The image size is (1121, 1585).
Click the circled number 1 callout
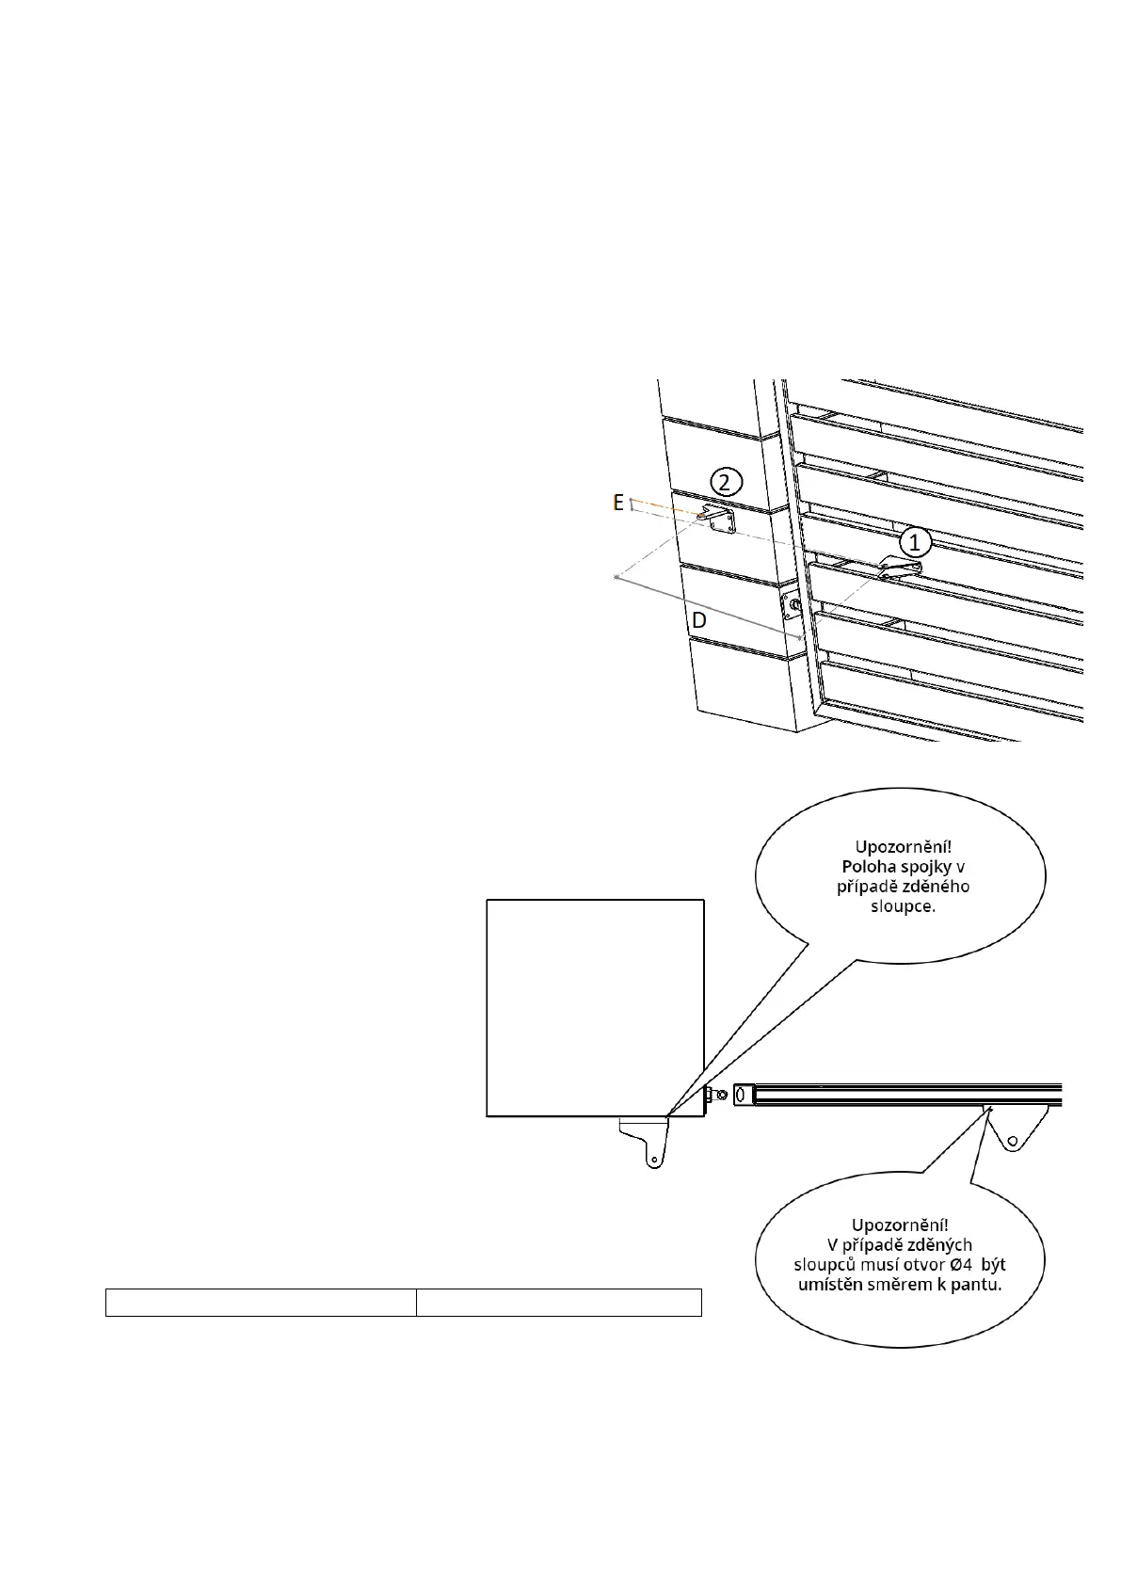[914, 542]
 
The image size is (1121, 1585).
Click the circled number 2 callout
[725, 482]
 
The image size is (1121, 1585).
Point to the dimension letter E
[618, 503]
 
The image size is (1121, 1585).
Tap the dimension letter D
[699, 621]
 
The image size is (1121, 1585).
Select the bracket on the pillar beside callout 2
[721, 520]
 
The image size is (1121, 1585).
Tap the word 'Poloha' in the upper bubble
[869, 866]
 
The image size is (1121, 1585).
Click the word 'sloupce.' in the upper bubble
[901, 907]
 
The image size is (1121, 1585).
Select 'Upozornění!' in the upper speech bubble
[901, 845]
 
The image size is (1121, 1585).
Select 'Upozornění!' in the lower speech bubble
[900, 1225]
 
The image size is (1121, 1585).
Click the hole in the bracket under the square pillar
[650, 1160]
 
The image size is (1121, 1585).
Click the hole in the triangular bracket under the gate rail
[1012, 1142]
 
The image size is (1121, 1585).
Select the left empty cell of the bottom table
[261, 1303]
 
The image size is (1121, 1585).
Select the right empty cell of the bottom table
[559, 1303]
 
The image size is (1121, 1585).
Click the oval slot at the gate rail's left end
[741, 1095]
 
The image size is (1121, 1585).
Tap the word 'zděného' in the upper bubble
[937, 887]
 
